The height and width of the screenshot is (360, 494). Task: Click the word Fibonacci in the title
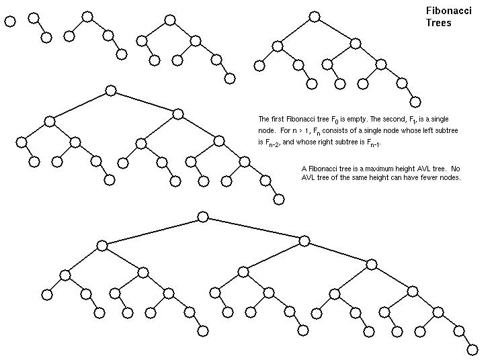point(449,11)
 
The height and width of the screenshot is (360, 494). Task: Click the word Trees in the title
point(438,23)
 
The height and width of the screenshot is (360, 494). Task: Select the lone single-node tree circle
point(10,21)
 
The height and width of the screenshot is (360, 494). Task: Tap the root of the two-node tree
point(34,18)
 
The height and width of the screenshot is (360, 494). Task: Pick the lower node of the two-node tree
point(46,37)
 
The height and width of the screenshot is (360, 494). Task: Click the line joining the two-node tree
point(40,28)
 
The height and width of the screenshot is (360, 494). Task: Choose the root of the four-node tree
point(87,17)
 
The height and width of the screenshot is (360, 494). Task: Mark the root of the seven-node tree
point(170,20)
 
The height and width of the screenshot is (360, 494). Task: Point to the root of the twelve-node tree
point(314,17)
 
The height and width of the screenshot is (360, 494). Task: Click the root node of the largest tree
point(203,217)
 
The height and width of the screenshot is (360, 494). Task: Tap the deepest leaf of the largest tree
point(472,350)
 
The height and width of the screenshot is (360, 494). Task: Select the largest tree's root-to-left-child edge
point(153,231)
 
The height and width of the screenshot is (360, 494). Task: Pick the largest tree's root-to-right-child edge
point(253,229)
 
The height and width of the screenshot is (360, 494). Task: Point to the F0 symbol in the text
point(335,120)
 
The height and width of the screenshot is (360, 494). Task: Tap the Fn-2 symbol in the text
point(273,143)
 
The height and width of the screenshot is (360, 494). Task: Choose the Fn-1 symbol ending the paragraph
point(374,143)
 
